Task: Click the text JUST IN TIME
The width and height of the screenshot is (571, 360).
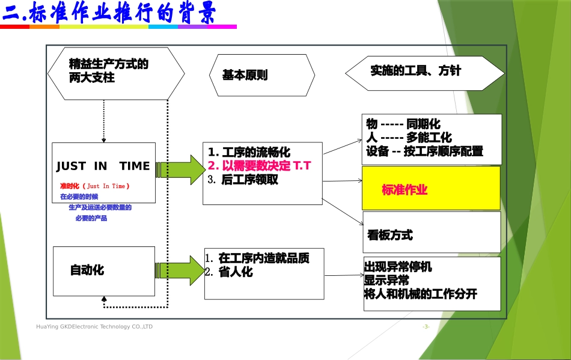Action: click(x=103, y=166)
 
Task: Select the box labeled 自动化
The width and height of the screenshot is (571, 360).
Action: click(x=87, y=270)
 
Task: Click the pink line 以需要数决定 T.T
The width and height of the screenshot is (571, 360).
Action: click(x=259, y=166)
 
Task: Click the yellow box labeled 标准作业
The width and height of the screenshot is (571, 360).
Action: click(x=430, y=189)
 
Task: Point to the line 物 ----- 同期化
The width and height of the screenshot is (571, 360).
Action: click(x=403, y=124)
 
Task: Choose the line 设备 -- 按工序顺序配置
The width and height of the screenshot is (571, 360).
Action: click(x=424, y=151)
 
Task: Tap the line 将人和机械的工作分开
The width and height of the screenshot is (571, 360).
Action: click(x=421, y=294)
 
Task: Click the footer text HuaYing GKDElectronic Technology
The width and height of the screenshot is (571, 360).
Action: click(x=94, y=326)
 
